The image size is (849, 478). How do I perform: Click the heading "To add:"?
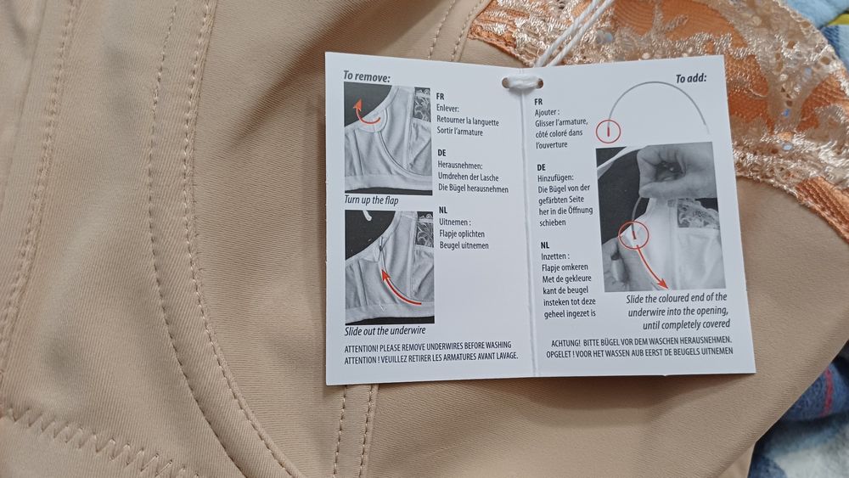[x=691, y=79]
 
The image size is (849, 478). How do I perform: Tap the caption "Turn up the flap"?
[x=372, y=200]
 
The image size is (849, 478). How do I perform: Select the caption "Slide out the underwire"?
[x=385, y=330]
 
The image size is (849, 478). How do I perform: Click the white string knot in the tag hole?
[x=522, y=83]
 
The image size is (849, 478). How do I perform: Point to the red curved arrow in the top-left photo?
[x=363, y=114]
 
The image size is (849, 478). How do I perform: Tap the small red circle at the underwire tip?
[x=609, y=131]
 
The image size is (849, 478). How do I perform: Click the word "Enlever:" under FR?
[x=447, y=109]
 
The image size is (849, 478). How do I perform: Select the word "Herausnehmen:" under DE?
[x=460, y=165]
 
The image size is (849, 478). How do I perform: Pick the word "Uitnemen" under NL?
[x=453, y=222]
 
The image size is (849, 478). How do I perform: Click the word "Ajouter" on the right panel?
[x=546, y=113]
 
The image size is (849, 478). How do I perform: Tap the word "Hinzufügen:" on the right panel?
[x=555, y=177]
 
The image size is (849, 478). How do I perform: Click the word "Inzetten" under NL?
[x=554, y=256]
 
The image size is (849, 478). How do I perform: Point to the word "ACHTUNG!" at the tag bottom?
[x=565, y=343]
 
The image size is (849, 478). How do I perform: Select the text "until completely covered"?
[x=687, y=324]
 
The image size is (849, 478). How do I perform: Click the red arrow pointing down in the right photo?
[x=649, y=265]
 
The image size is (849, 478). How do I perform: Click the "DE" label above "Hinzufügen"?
[x=542, y=167]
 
